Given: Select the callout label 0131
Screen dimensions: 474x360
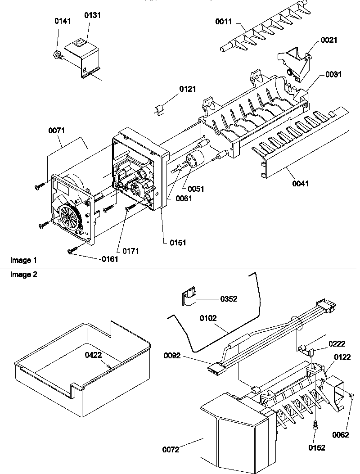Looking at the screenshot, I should (93, 15).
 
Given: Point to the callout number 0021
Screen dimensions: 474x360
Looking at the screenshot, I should (329, 41).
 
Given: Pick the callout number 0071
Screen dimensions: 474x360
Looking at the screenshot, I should (57, 131).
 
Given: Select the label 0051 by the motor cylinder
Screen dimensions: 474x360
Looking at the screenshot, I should (196, 189).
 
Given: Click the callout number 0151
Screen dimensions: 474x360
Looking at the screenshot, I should (178, 242).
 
